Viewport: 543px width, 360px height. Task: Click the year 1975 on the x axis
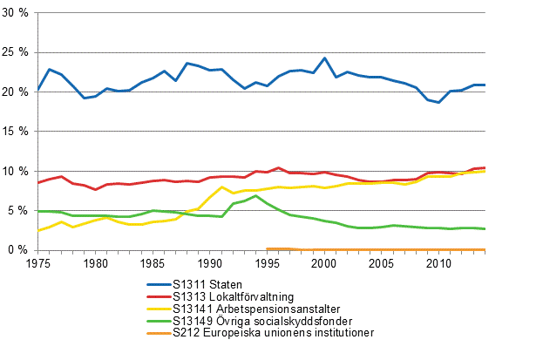[x=38, y=262]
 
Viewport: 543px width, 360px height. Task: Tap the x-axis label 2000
[x=324, y=262]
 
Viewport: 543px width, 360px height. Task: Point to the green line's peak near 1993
[x=255, y=196]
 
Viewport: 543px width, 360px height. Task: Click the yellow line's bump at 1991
[x=221, y=187]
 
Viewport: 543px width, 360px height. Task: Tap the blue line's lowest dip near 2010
[x=438, y=102]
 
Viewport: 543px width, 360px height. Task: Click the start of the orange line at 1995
[x=267, y=248]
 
